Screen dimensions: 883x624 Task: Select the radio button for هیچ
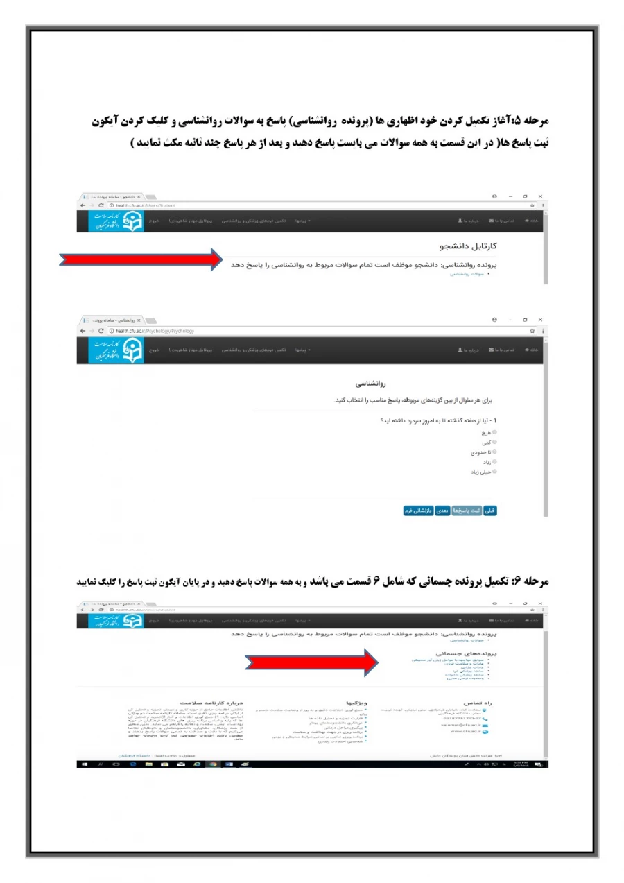[494, 431]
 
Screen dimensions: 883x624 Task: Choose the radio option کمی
[494, 441]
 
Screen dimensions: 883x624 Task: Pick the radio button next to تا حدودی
[494, 452]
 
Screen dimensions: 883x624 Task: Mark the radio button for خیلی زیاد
[494, 471]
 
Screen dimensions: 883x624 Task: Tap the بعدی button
[443, 511]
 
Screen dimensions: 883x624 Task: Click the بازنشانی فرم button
[418, 511]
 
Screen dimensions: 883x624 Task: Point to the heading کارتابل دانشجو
[469, 246]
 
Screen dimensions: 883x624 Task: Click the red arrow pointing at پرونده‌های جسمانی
[312, 662]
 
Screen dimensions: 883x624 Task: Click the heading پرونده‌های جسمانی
[467, 653]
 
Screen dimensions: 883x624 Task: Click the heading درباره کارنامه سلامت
[210, 703]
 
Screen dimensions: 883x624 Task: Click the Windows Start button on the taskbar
[83, 764]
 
